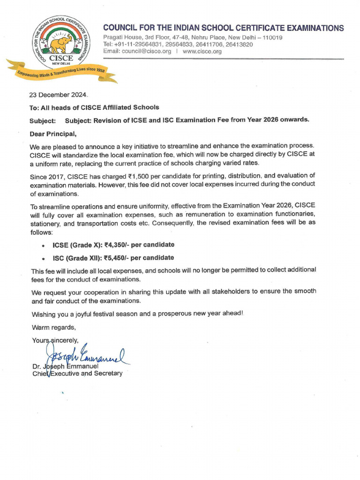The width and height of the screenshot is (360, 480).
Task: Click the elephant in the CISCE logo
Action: point(60,44)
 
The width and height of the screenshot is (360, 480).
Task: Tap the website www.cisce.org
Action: point(202,52)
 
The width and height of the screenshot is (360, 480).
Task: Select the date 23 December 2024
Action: point(59,95)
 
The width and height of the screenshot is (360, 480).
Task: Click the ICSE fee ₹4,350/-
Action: point(118,245)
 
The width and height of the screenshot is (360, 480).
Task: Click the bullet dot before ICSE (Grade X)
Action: point(43,245)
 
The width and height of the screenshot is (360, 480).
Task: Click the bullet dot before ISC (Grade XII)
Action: point(43,258)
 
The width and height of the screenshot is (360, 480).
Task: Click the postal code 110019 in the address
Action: point(271,37)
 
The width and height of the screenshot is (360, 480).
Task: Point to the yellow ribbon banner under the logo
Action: point(61,71)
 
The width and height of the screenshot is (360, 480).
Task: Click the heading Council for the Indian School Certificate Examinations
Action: point(223,28)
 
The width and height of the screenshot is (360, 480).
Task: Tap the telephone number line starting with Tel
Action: point(178,45)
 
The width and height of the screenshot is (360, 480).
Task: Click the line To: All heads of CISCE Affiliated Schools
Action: point(94,107)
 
